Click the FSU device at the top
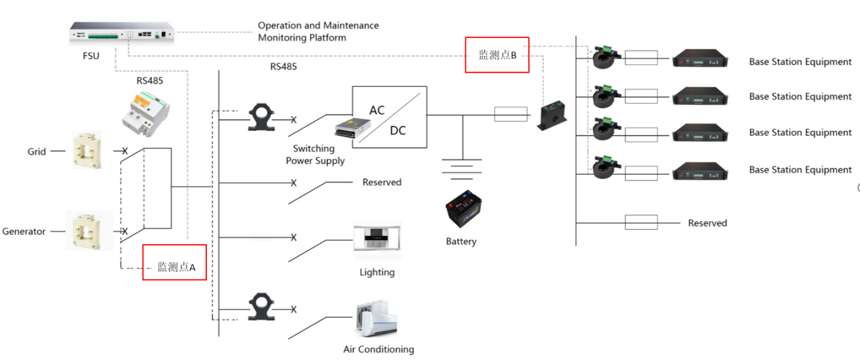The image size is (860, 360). pos(122,32)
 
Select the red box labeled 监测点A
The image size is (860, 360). pos(174,262)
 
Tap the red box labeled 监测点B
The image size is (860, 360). pos(496,55)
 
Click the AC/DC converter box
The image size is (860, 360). pos(389,117)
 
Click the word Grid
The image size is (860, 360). pos(37,152)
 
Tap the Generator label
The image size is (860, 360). pos(24,231)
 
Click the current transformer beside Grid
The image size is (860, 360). pos(87,150)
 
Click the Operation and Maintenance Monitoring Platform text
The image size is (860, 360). pos(318,31)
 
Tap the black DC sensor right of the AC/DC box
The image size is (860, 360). pos(553,116)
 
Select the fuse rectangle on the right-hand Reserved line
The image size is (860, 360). pos(641,222)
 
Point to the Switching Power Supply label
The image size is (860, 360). pos(315,155)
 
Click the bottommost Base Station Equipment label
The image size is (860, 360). pos(800,169)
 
